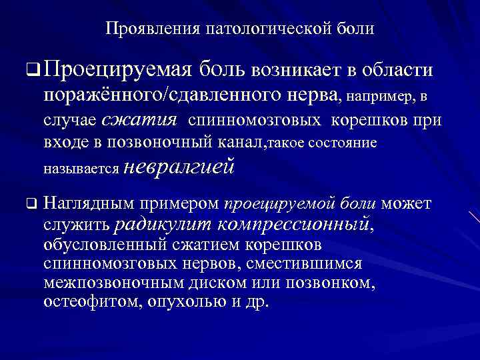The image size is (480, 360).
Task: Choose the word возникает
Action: click(298, 69)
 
